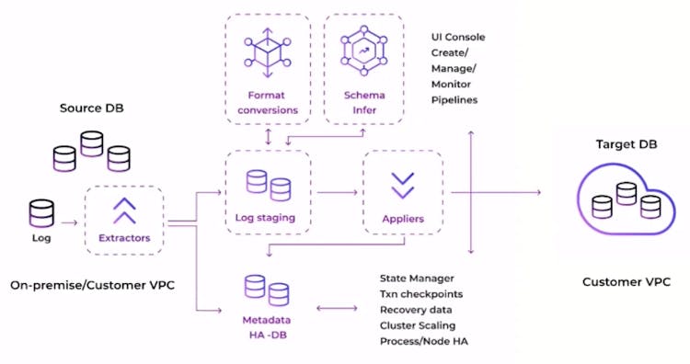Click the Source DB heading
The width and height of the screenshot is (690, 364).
pos(92,108)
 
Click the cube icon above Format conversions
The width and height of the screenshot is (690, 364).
pos(267,55)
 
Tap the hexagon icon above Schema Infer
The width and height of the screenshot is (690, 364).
pos(364,55)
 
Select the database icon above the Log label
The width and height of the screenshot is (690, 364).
pos(40,214)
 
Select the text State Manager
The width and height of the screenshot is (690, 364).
pos(417,278)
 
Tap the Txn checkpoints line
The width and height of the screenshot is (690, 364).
pos(420,293)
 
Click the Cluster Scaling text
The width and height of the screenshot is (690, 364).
pos(417,325)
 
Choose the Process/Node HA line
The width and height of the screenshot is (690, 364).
pos(421,341)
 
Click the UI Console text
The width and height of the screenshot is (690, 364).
pos(458,38)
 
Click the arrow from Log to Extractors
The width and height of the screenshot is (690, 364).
pos(69,222)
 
